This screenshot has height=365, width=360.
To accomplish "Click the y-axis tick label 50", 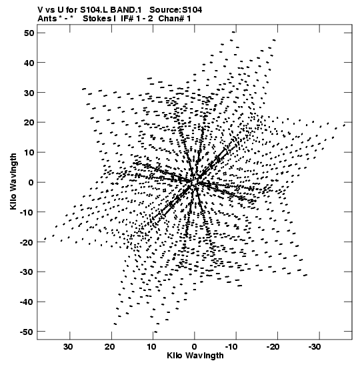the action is tap(29, 33).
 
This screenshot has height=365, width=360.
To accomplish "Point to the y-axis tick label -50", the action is tap(27, 332).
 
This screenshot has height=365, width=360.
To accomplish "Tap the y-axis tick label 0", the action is tap(31, 182).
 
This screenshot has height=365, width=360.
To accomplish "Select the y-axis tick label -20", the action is tap(27, 242).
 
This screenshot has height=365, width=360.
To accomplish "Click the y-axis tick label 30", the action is tap(29, 93).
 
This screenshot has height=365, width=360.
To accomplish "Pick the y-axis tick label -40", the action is tap(27, 302).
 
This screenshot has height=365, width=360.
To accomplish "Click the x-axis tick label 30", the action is tap(68, 347).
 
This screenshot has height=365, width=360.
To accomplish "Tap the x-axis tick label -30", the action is tap(315, 347).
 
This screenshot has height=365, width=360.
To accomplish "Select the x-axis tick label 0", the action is tap(195, 347).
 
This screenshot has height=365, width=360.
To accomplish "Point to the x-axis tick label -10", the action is tap(232, 347).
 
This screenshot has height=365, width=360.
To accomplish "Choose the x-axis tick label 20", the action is tap(110, 347).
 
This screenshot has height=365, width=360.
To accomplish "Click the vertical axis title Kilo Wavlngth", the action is tap(13, 181).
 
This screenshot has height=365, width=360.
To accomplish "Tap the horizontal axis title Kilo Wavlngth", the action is tap(195, 356).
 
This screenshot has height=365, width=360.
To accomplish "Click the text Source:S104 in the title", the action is tap(175, 10).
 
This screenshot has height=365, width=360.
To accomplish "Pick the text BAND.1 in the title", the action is tap(126, 10).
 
